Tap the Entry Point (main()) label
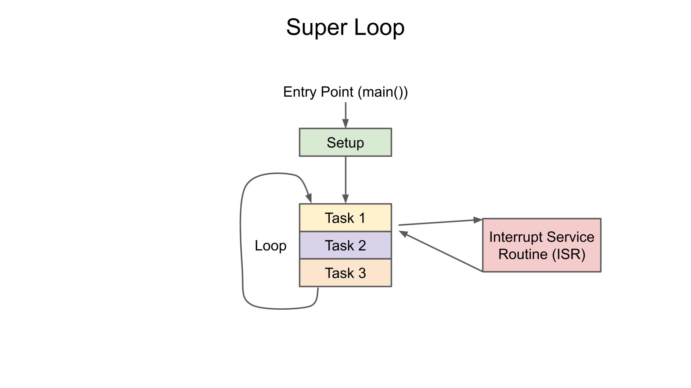(345, 92)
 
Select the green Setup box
(345, 143)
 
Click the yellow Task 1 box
(345, 218)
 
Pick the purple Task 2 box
(345, 246)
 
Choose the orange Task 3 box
(345, 273)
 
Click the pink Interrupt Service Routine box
(542, 245)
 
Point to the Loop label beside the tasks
(271, 246)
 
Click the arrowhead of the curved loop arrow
(309, 198)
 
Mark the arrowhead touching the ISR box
(478, 220)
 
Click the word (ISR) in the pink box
(569, 254)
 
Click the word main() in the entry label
(383, 92)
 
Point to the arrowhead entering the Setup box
(345, 124)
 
